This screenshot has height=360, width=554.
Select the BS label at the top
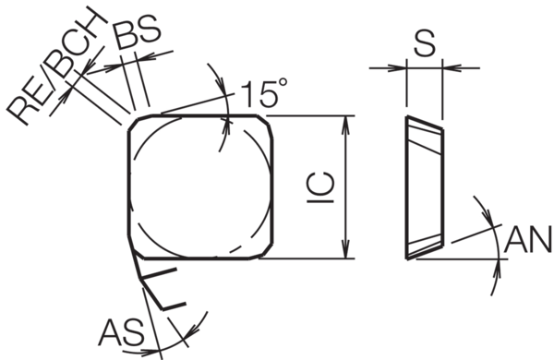(x=137, y=31)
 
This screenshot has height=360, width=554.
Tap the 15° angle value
(x=263, y=92)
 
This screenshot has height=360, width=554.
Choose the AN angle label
(x=526, y=243)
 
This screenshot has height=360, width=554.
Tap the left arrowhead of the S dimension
(x=400, y=66)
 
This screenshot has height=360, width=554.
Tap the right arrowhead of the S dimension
(x=450, y=66)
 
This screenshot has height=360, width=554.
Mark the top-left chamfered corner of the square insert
(x=136, y=123)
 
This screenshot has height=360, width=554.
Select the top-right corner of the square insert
(x=268, y=125)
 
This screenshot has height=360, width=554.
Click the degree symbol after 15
(x=283, y=83)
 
